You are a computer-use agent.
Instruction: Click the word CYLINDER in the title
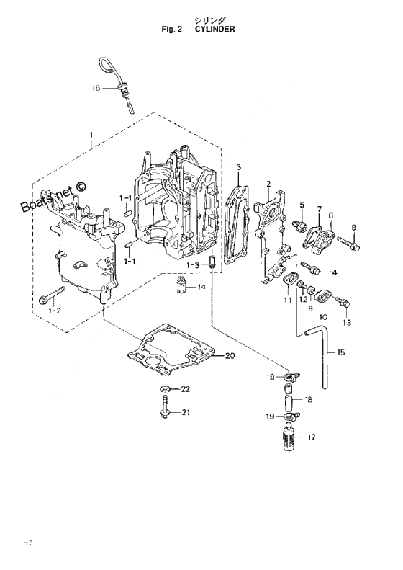pyautogui.click(x=215, y=29)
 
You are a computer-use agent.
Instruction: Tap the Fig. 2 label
pyautogui.click(x=171, y=29)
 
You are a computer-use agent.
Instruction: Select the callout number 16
pyautogui.click(x=96, y=88)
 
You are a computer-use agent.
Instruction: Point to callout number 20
pyautogui.click(x=230, y=355)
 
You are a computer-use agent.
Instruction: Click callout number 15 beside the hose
pyautogui.click(x=340, y=352)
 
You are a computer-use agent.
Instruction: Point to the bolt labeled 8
pyautogui.click(x=348, y=243)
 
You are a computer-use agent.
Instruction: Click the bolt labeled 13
pyautogui.click(x=343, y=302)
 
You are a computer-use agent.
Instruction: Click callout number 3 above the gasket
pyautogui.click(x=238, y=167)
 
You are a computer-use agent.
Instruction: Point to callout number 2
pyautogui.click(x=268, y=184)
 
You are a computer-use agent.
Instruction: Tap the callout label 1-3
pyautogui.click(x=194, y=265)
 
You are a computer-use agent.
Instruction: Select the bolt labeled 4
pyautogui.click(x=309, y=268)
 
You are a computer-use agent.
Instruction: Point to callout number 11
pyautogui.click(x=288, y=300)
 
